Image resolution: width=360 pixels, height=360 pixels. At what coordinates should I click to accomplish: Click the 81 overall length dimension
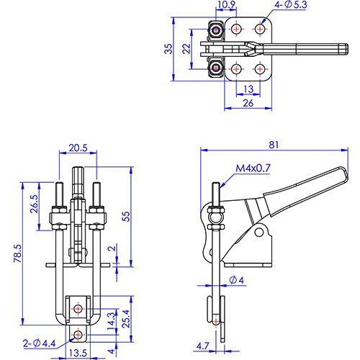[274, 145]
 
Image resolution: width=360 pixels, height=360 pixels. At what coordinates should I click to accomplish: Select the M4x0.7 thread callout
[253, 168]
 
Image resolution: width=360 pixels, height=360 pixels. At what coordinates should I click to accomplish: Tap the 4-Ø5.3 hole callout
[291, 5]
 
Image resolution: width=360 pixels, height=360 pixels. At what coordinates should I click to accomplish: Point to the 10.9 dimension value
[226, 5]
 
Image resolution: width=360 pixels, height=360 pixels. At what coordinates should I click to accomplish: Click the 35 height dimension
[168, 49]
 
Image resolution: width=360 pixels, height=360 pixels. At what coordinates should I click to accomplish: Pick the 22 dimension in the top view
[186, 49]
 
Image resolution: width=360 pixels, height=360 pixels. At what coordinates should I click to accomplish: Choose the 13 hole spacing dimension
[248, 89]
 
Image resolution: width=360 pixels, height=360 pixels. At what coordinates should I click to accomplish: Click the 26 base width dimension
[248, 103]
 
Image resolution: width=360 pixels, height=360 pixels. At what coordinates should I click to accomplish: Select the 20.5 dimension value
[78, 148]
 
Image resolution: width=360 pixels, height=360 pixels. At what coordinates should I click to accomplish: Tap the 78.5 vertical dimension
[18, 253]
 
